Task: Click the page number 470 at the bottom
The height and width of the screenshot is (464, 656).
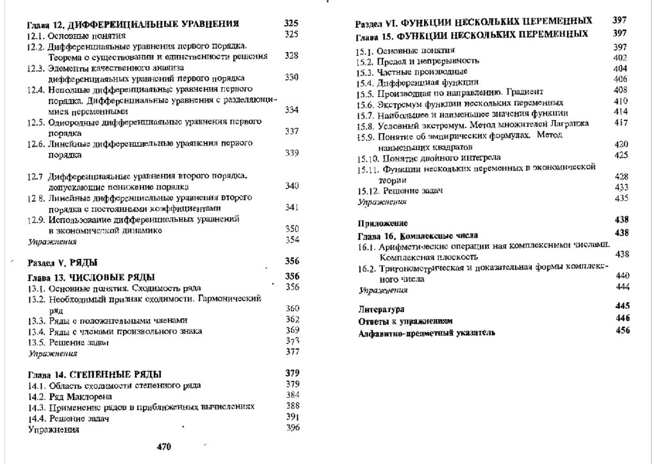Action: coord(164,447)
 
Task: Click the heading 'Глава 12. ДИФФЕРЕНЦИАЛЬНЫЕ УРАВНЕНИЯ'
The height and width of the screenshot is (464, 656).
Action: coord(133,24)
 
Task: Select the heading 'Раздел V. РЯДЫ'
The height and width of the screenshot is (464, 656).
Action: coord(63,263)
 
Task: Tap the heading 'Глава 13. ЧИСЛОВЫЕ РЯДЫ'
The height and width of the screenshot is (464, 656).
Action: coord(91,278)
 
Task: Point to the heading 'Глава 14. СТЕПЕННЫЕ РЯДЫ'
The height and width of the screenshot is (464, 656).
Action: coord(94,374)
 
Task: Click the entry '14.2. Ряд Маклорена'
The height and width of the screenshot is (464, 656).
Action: coord(65,396)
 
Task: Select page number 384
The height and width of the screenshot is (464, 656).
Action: coord(293,395)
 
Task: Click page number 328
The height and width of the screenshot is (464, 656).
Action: coord(291,56)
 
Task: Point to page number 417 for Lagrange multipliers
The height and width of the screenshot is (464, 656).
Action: coord(620,123)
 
